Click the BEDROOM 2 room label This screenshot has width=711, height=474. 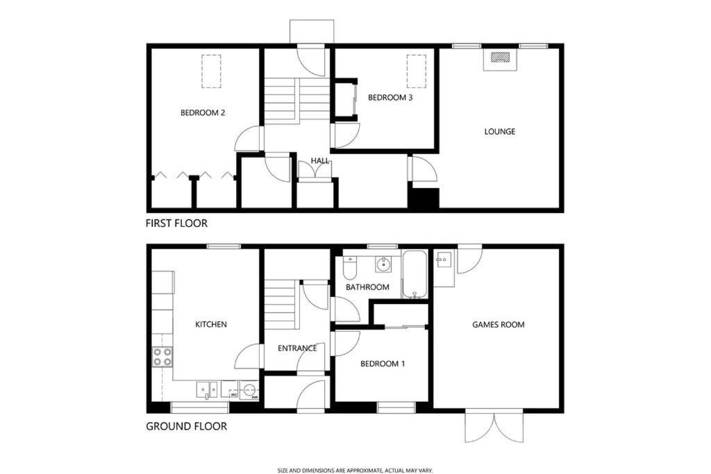click(x=203, y=113)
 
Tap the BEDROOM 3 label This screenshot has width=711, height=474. click(x=390, y=97)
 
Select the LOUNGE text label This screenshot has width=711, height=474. click(x=500, y=131)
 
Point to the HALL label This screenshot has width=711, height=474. click(x=320, y=160)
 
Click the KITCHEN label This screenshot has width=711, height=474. click(x=211, y=325)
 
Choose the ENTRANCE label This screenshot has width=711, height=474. click(x=297, y=348)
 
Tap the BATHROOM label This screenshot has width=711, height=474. click(x=367, y=287)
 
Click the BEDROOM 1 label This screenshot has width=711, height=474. click(x=383, y=364)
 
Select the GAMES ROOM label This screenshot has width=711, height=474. click(x=499, y=325)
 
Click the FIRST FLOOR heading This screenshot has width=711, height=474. click(x=176, y=223)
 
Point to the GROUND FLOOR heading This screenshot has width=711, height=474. click(x=186, y=426)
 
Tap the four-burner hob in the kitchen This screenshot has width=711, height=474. click(x=162, y=356)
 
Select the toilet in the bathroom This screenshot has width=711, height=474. click(x=350, y=268)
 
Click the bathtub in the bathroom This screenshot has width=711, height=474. click(x=415, y=275)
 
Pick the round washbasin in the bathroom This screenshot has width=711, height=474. click(x=383, y=264)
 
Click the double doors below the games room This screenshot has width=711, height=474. click(x=494, y=426)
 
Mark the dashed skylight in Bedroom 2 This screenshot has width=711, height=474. click(x=211, y=71)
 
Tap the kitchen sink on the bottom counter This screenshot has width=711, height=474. click(x=207, y=390)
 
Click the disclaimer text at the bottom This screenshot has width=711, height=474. click(x=355, y=471)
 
